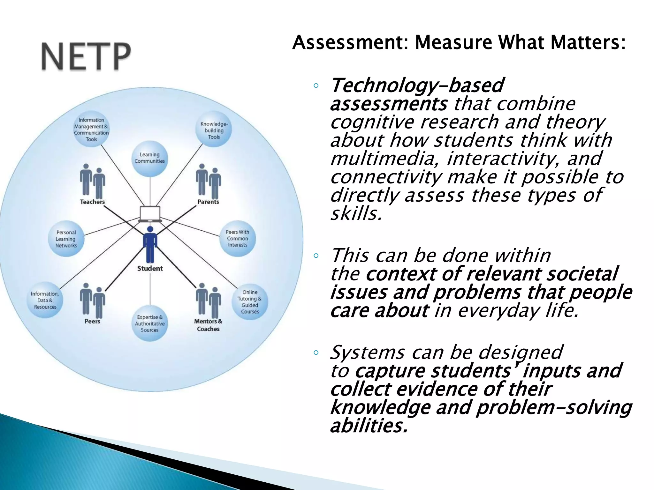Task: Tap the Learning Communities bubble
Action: pos(150,159)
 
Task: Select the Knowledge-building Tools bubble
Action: pos(214,130)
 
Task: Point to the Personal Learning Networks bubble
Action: pos(66,239)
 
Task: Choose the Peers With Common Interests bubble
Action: pos(237,238)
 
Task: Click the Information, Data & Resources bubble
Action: pos(45,300)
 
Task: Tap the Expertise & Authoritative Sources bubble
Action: pos(150,323)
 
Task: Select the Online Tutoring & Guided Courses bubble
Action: pos(250,302)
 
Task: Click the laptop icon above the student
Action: pos(150,214)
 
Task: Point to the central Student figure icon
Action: pos(150,244)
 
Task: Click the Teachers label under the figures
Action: pos(92,202)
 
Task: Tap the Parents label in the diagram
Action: pos(208,202)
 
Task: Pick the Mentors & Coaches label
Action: pos(208,325)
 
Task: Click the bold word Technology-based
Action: pos(417,85)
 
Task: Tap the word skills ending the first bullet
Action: pos(356,213)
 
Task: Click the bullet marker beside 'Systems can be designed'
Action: pos(316,353)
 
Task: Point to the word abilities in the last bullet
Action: pos(369,426)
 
